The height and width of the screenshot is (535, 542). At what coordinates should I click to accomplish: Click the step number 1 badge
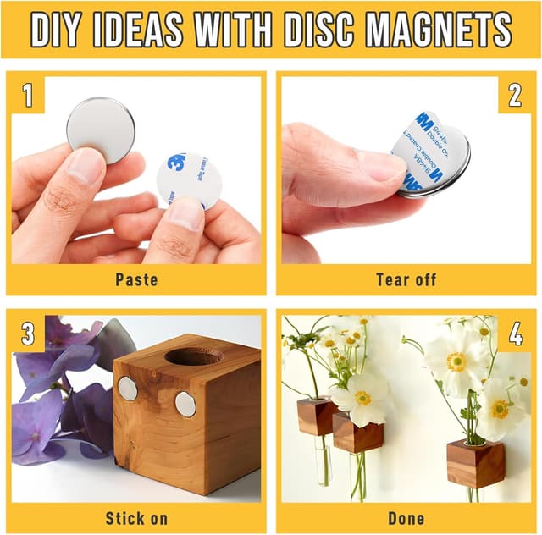(x=27, y=95)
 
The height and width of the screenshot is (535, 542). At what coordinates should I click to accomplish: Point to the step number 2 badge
(x=514, y=95)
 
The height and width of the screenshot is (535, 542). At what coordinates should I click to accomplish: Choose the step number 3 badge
(x=27, y=334)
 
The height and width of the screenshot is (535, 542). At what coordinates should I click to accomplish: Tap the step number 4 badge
(x=514, y=334)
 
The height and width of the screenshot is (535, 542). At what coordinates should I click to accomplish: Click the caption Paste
(x=136, y=279)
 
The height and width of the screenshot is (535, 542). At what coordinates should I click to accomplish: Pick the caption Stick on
(x=136, y=517)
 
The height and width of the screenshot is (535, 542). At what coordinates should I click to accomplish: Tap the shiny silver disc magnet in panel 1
(x=100, y=127)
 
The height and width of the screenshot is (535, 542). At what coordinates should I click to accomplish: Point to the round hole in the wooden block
(x=193, y=356)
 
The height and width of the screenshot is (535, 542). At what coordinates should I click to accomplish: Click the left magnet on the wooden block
(x=128, y=389)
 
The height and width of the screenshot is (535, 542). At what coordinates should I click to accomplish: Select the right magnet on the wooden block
(x=185, y=405)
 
